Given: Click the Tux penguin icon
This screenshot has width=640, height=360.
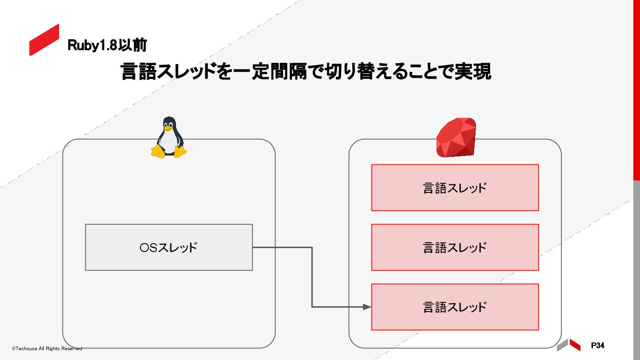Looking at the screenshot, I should pyautogui.click(x=168, y=137).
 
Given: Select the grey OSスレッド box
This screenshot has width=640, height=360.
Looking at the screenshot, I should pyautogui.click(x=169, y=247).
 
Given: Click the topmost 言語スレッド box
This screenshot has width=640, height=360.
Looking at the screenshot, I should pyautogui.click(x=455, y=188).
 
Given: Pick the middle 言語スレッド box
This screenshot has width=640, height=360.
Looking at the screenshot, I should pyautogui.click(x=455, y=247).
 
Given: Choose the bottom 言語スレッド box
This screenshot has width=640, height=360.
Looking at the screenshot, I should pyautogui.click(x=455, y=307).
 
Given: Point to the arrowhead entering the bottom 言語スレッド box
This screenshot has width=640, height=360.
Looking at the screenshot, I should pyautogui.click(x=367, y=307).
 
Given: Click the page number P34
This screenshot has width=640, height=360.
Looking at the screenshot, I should pyautogui.click(x=598, y=345).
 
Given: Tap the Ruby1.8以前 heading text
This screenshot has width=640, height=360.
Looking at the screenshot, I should pyautogui.click(x=107, y=45).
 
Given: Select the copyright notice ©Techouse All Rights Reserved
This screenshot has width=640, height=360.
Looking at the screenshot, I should pyautogui.click(x=47, y=348).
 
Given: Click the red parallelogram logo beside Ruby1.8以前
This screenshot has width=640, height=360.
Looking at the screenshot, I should pyautogui.click(x=44, y=40).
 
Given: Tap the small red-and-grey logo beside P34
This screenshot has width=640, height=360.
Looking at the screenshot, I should pyautogui.click(x=568, y=345).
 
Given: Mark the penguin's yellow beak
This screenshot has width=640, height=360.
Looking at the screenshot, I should pyautogui.click(x=168, y=129).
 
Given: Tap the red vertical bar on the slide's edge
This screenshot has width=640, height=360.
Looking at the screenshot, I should pyautogui.click(x=636, y=89).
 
